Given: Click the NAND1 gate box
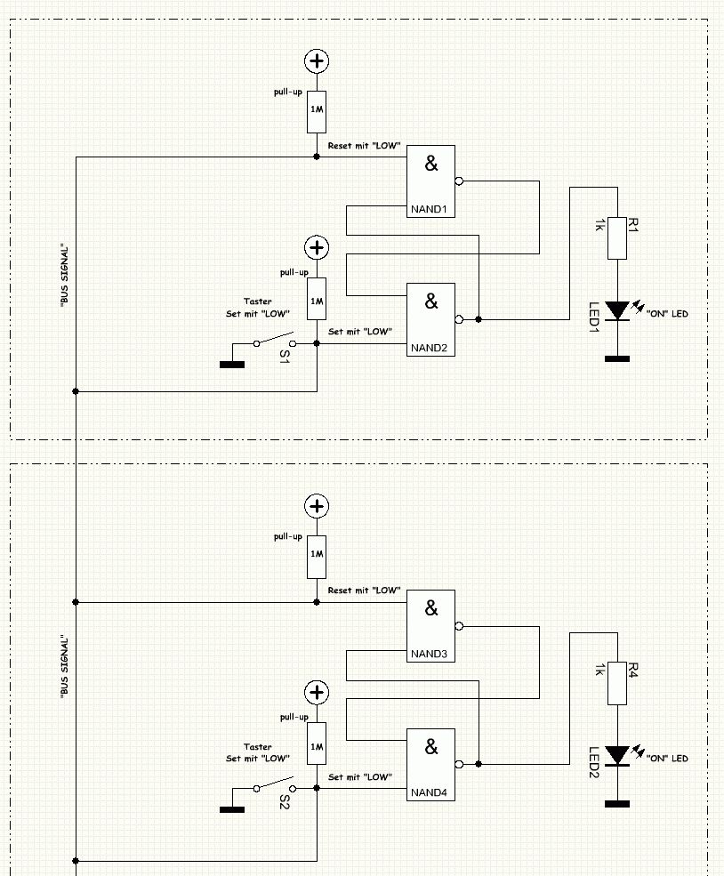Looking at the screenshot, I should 430,181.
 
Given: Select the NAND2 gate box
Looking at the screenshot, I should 430,319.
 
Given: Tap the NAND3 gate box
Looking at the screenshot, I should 430,626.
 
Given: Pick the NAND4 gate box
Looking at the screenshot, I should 430,764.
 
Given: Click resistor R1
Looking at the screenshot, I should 617,237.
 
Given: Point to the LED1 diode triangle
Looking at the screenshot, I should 617,310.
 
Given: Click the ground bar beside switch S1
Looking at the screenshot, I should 232,362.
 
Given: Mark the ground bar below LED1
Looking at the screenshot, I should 617,358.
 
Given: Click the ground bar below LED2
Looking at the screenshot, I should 617,804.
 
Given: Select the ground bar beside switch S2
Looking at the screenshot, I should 232,808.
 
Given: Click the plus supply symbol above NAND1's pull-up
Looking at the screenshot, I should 317,60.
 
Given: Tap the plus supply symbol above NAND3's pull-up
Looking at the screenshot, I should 317,506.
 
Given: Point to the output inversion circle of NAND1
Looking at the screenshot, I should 459,181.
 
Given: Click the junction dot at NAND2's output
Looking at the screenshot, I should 479,318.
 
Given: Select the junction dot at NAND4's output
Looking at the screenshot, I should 479,764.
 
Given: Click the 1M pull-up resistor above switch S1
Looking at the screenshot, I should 317,298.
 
